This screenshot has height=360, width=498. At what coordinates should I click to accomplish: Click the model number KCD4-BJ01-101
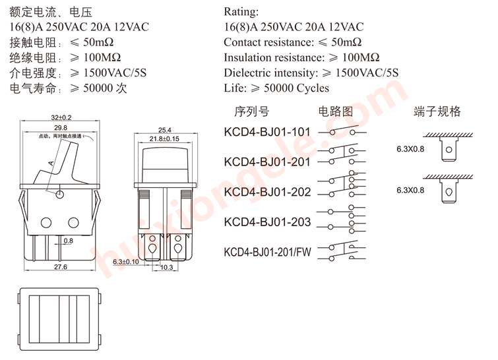point(266,132)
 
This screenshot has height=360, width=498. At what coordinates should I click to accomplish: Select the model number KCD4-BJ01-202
point(266,192)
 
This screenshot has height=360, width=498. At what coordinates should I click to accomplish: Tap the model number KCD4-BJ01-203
point(266,222)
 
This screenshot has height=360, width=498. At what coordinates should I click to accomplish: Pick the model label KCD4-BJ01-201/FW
point(266,253)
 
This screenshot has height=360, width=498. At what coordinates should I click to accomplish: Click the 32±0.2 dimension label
point(61,117)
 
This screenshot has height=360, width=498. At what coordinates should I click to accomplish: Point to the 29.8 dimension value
point(61,127)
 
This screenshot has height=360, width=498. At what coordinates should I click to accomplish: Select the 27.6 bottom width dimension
point(61,267)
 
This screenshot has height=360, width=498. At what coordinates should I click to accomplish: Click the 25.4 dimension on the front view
point(164,130)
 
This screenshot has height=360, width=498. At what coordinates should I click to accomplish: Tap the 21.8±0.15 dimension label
point(164,139)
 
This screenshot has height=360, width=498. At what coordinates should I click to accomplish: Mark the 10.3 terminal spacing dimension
point(166,268)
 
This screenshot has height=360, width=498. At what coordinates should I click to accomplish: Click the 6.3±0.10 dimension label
point(126,262)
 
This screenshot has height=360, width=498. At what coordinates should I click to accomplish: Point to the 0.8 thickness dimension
point(68,241)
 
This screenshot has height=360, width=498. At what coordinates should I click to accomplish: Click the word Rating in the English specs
point(241,12)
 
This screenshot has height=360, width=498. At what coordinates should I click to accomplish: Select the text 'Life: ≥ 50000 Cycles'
point(276,88)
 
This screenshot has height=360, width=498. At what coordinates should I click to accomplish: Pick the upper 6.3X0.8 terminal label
point(411,149)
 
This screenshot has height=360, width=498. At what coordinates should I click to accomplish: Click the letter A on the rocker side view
point(51,162)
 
